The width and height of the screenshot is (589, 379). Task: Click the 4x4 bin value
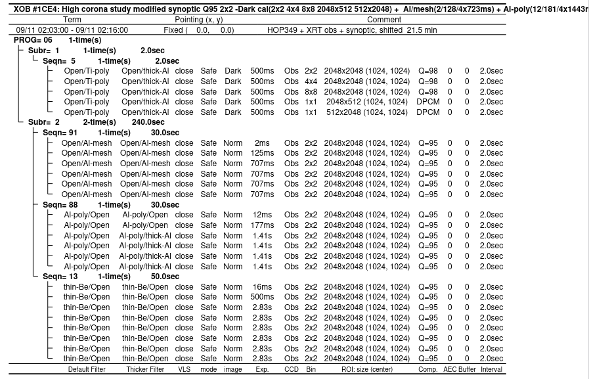311,81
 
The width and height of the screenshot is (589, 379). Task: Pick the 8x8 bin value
311,92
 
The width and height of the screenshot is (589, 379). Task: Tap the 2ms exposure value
262,143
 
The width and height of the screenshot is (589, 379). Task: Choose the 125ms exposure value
262,153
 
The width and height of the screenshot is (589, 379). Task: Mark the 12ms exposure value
262,215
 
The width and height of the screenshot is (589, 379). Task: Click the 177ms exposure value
262,225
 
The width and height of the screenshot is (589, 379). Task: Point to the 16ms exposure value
262,287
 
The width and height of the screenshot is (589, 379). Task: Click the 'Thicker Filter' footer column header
145,369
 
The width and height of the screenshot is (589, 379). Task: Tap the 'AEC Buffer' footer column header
460,369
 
